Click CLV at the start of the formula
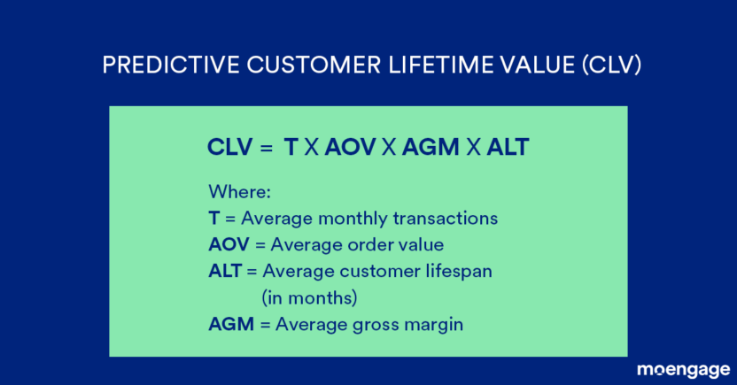point(229,148)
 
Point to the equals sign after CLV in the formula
point(265,149)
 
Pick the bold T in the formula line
point(290,148)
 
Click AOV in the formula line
point(350,148)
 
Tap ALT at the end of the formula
point(508,148)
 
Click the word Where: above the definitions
point(238,191)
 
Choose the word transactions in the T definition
point(446,218)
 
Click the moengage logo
point(683,369)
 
